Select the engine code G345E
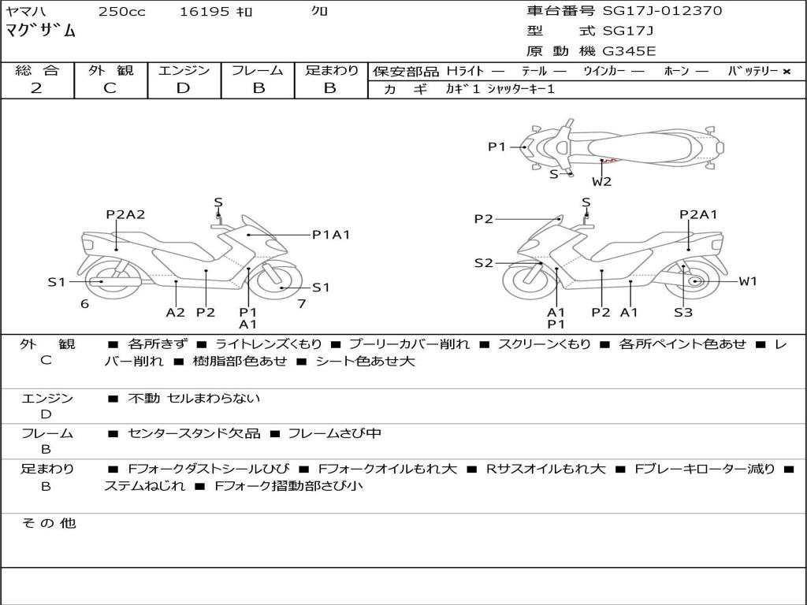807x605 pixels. [x=629, y=51]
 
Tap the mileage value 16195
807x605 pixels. [x=204, y=12]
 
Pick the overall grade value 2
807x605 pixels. [x=36, y=88]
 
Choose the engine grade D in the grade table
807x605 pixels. [x=183, y=88]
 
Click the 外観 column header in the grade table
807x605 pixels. [x=110, y=70]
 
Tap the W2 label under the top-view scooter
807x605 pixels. [x=602, y=181]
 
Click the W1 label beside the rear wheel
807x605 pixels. [x=747, y=281]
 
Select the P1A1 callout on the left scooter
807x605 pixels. [x=331, y=234]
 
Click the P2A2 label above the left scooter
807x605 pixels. [x=126, y=214]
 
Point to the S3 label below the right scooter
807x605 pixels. [x=683, y=313]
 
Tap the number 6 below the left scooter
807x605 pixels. [x=84, y=303]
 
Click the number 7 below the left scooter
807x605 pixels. [x=301, y=303]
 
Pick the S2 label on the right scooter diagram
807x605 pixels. [x=483, y=263]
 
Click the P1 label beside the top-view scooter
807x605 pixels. [x=496, y=147]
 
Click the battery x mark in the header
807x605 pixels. [x=786, y=71]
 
